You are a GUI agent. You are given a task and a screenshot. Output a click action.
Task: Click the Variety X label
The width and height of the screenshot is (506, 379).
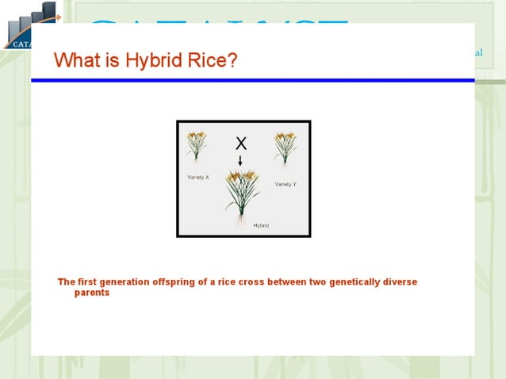pos(197,177)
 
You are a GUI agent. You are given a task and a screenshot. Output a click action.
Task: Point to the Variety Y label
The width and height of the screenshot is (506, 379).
pos(286,184)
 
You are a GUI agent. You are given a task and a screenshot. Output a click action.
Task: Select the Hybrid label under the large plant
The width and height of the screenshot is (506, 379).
pos(261,226)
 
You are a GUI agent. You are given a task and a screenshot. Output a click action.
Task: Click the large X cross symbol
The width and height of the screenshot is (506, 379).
pos(241,144)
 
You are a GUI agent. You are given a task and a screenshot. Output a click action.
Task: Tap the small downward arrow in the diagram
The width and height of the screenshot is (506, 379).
pos(240,161)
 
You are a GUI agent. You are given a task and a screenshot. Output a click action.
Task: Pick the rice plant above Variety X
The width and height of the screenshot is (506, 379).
pos(197,147)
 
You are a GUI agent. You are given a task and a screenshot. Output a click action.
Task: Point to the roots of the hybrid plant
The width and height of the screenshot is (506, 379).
pos(241,222)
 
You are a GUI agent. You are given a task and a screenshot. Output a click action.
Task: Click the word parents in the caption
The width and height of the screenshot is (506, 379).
pos(91,293)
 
